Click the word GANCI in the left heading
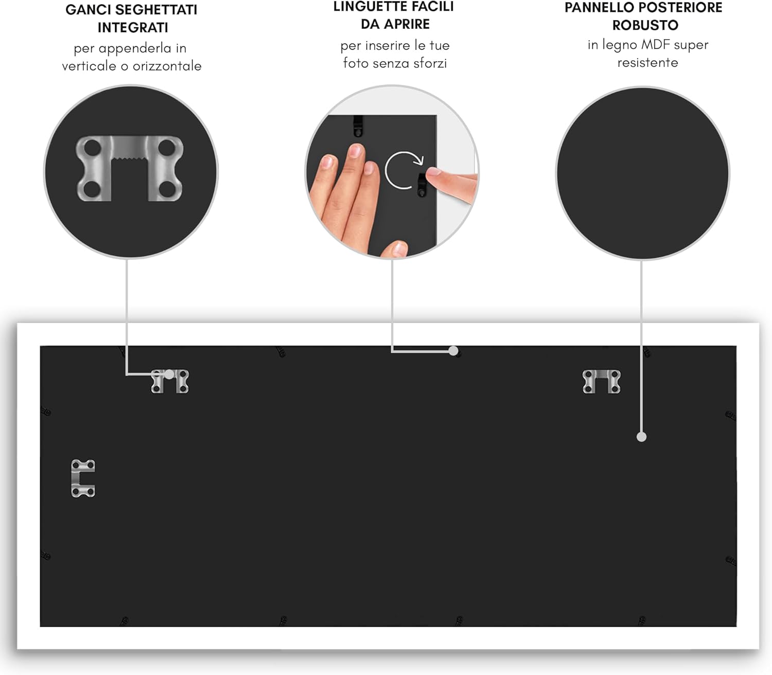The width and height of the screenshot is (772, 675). (88, 10)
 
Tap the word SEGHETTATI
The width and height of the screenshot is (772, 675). (156, 10)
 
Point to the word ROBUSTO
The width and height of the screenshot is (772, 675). (645, 25)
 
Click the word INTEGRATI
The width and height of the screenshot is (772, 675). (133, 28)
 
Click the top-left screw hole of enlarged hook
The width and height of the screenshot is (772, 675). (92, 148)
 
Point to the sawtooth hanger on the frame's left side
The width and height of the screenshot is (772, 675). (82, 478)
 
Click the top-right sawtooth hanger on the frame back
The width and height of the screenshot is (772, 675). (601, 381)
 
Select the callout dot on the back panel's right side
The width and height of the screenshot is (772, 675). (641, 437)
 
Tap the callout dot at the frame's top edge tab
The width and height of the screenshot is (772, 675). (453, 351)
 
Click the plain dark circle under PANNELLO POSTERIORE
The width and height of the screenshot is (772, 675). (642, 173)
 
